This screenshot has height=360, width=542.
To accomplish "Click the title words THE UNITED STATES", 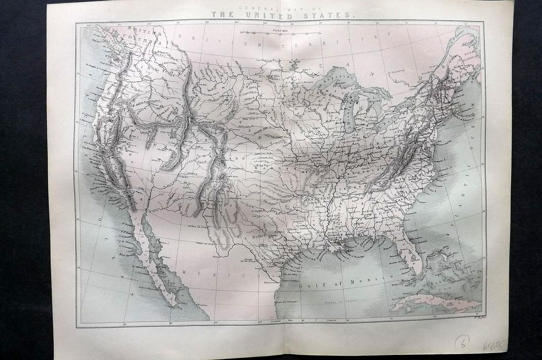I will click(x=283, y=15).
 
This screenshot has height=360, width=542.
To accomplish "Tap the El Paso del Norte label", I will click(x=196, y=226).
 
